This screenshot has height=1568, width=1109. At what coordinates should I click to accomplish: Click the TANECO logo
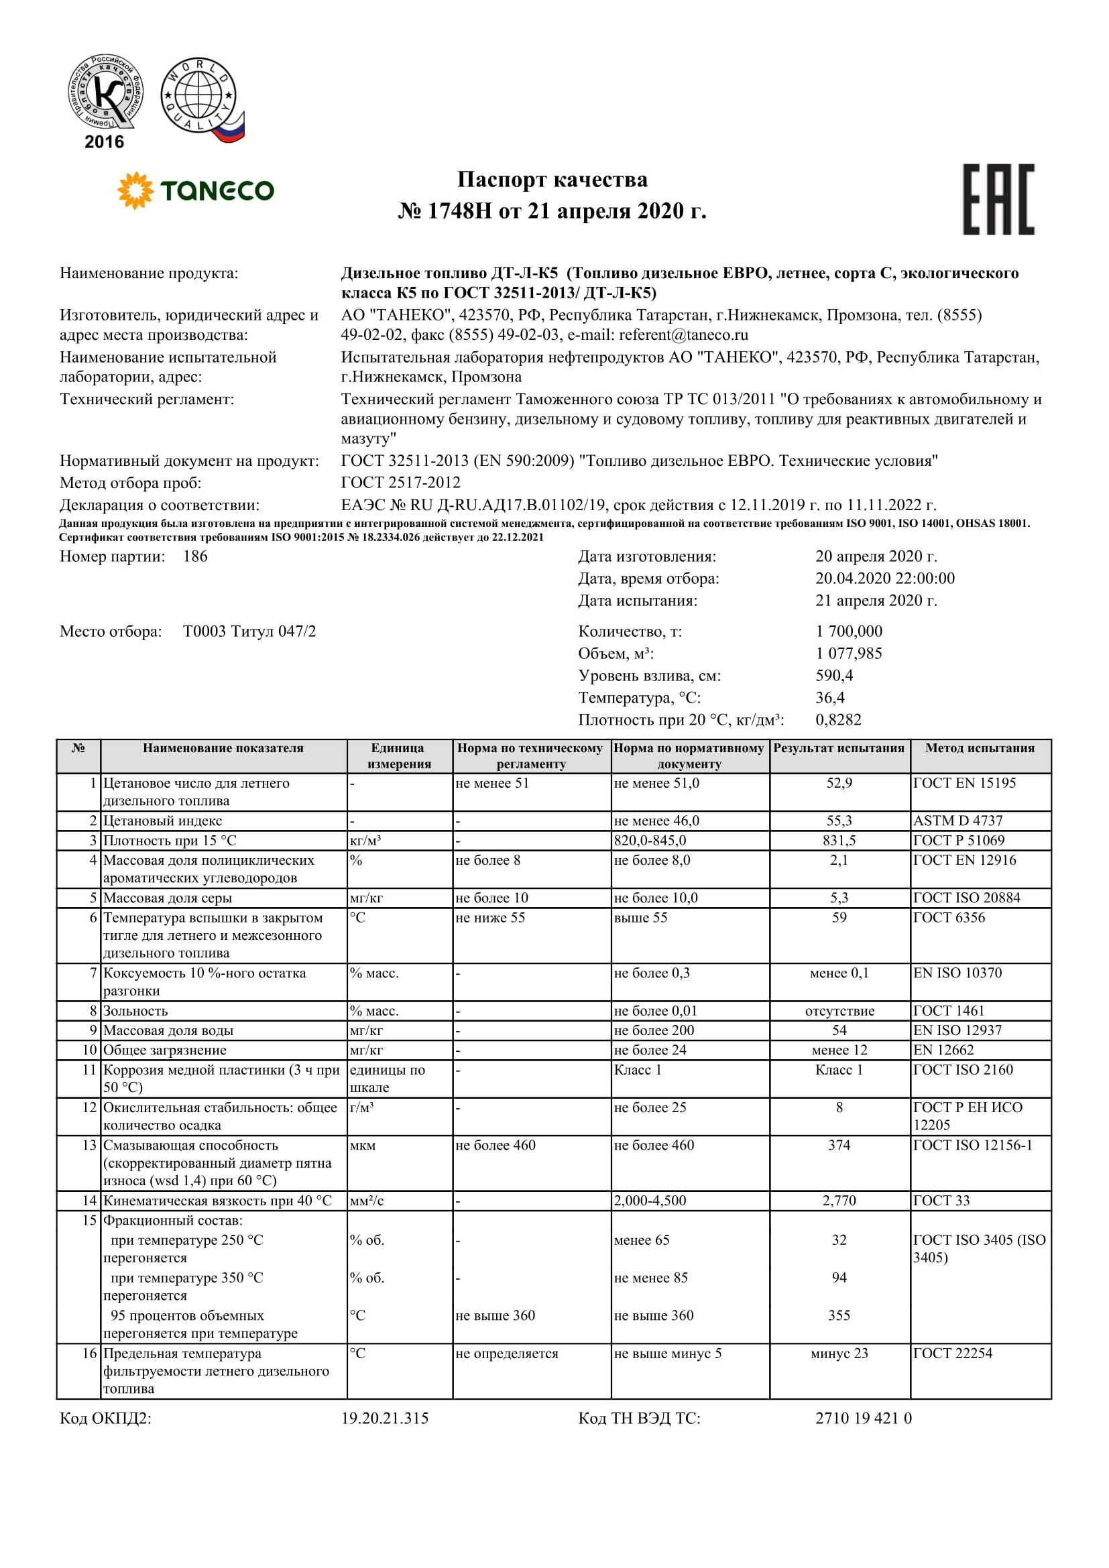tap(196, 190)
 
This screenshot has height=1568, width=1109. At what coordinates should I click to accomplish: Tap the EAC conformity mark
tap(998, 199)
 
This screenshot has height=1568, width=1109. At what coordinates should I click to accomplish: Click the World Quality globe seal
tap(200, 99)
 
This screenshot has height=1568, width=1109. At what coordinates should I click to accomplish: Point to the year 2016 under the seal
tap(104, 142)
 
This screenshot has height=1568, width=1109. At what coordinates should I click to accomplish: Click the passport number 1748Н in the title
tap(459, 211)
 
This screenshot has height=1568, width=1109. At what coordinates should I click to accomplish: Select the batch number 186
tap(195, 556)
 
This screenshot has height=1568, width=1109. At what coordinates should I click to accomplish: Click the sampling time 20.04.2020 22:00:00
tap(884, 579)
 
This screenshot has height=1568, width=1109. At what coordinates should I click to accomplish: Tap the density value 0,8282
tap(838, 720)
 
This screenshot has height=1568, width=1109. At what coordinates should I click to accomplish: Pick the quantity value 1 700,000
tap(848, 631)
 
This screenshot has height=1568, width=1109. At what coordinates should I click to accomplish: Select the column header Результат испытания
tap(839, 749)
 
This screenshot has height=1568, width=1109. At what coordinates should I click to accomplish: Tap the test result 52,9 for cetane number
tap(839, 783)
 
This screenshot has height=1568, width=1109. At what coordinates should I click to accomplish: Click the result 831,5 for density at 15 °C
tap(839, 841)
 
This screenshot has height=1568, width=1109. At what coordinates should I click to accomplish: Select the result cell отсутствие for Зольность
tap(839, 1011)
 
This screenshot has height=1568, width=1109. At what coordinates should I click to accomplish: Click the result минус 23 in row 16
tap(839, 1353)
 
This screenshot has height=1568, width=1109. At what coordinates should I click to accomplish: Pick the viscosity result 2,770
tap(839, 1201)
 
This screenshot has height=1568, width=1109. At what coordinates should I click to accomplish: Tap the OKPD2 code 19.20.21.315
tap(384, 1419)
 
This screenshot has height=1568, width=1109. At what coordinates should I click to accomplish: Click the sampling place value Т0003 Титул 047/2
tap(249, 631)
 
